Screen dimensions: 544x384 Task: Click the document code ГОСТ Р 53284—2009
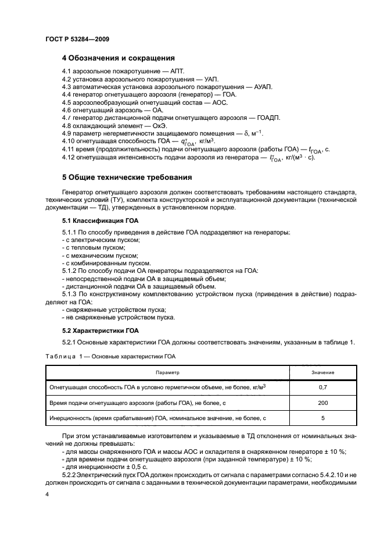pos(77,39)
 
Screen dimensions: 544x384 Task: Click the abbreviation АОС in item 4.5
pos(216,102)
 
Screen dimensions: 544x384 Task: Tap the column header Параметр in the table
pos(167,371)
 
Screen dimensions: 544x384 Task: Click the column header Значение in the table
pos(322,371)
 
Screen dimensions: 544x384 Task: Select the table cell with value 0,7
pos(322,387)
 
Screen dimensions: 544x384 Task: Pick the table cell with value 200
pos(322,403)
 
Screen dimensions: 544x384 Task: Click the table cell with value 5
pos(322,418)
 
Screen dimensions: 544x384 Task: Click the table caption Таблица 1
pos(64,355)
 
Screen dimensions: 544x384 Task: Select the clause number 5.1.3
pos(71,294)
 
